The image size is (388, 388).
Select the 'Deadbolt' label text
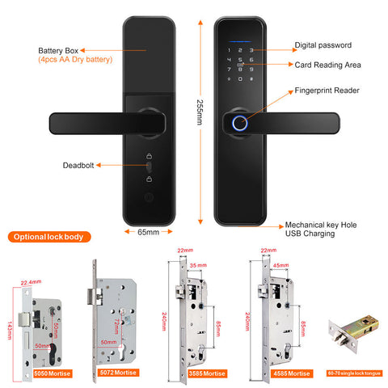[78, 165]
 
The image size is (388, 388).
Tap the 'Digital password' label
[323, 46]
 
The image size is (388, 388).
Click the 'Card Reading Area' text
[325, 63]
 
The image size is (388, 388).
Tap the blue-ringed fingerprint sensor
[238, 124]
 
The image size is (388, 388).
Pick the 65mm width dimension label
[148, 231]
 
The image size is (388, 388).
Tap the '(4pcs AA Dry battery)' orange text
[74, 61]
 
